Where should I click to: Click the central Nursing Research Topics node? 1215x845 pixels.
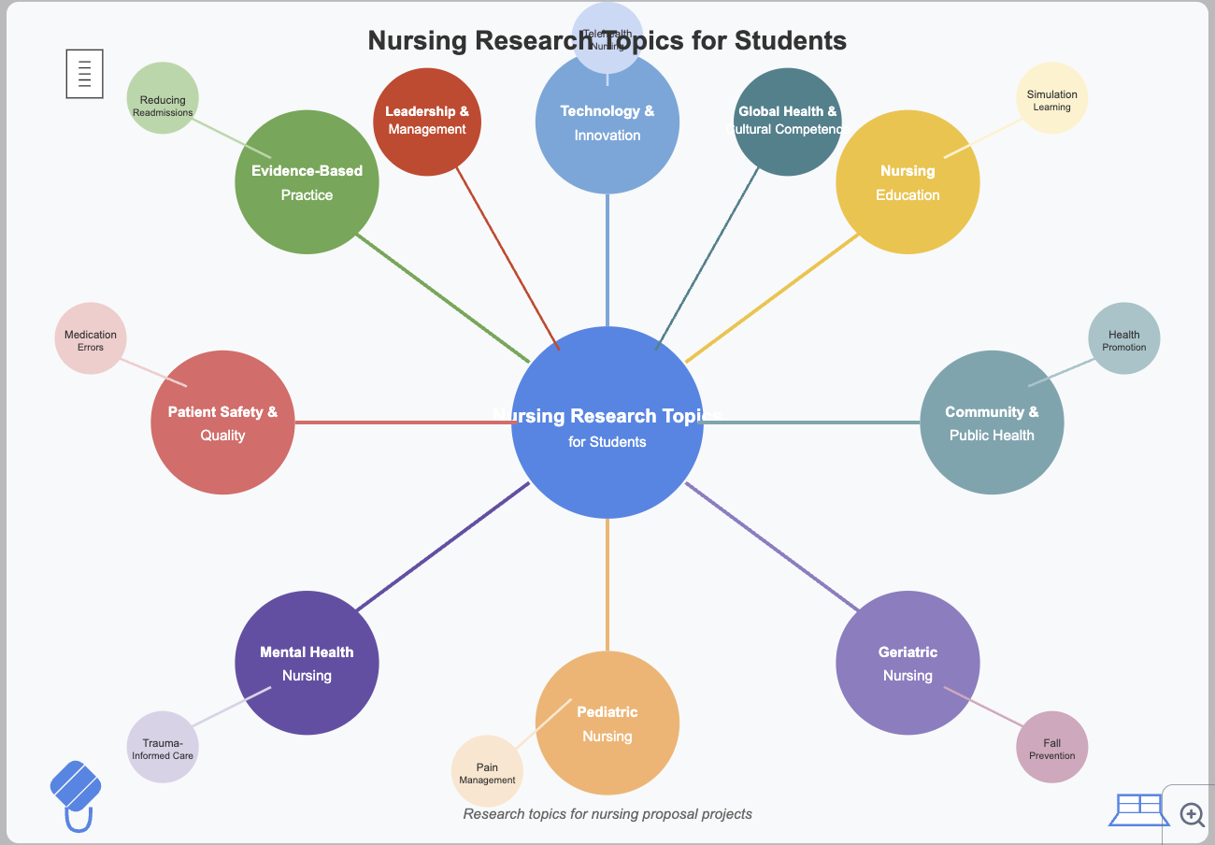(x=607, y=422)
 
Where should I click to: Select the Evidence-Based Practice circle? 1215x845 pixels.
(x=307, y=182)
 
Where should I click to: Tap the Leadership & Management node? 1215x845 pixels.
(x=427, y=122)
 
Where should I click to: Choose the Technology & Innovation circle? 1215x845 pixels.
(x=607, y=131)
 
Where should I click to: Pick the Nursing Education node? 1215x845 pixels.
(x=908, y=182)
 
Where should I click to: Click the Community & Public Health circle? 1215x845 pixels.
(x=992, y=422)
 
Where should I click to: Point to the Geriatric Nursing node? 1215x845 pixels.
(x=908, y=663)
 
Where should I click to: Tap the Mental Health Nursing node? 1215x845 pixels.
(x=307, y=663)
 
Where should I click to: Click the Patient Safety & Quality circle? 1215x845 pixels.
(x=222, y=422)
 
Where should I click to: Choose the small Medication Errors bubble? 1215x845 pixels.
(x=91, y=338)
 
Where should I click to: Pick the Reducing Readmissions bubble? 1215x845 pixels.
(x=163, y=98)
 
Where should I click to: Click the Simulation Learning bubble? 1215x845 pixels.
(x=1051, y=98)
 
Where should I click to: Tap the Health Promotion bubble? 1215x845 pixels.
(x=1124, y=338)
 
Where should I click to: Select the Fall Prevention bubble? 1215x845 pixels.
(x=1052, y=747)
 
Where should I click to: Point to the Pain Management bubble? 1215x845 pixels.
(x=486, y=772)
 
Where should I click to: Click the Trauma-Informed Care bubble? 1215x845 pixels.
(x=163, y=747)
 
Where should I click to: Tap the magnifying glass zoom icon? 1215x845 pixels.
(x=1192, y=814)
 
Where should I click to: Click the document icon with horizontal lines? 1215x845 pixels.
(x=84, y=74)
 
